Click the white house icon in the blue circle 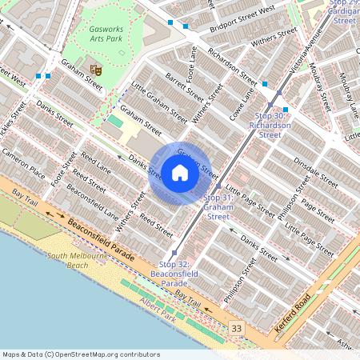(180, 173)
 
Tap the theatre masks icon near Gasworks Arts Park (96, 70)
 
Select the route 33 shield (236, 328)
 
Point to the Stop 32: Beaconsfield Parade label (174, 273)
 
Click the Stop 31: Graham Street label (218, 206)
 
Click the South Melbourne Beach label (77, 260)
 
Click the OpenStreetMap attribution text (81, 354)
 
